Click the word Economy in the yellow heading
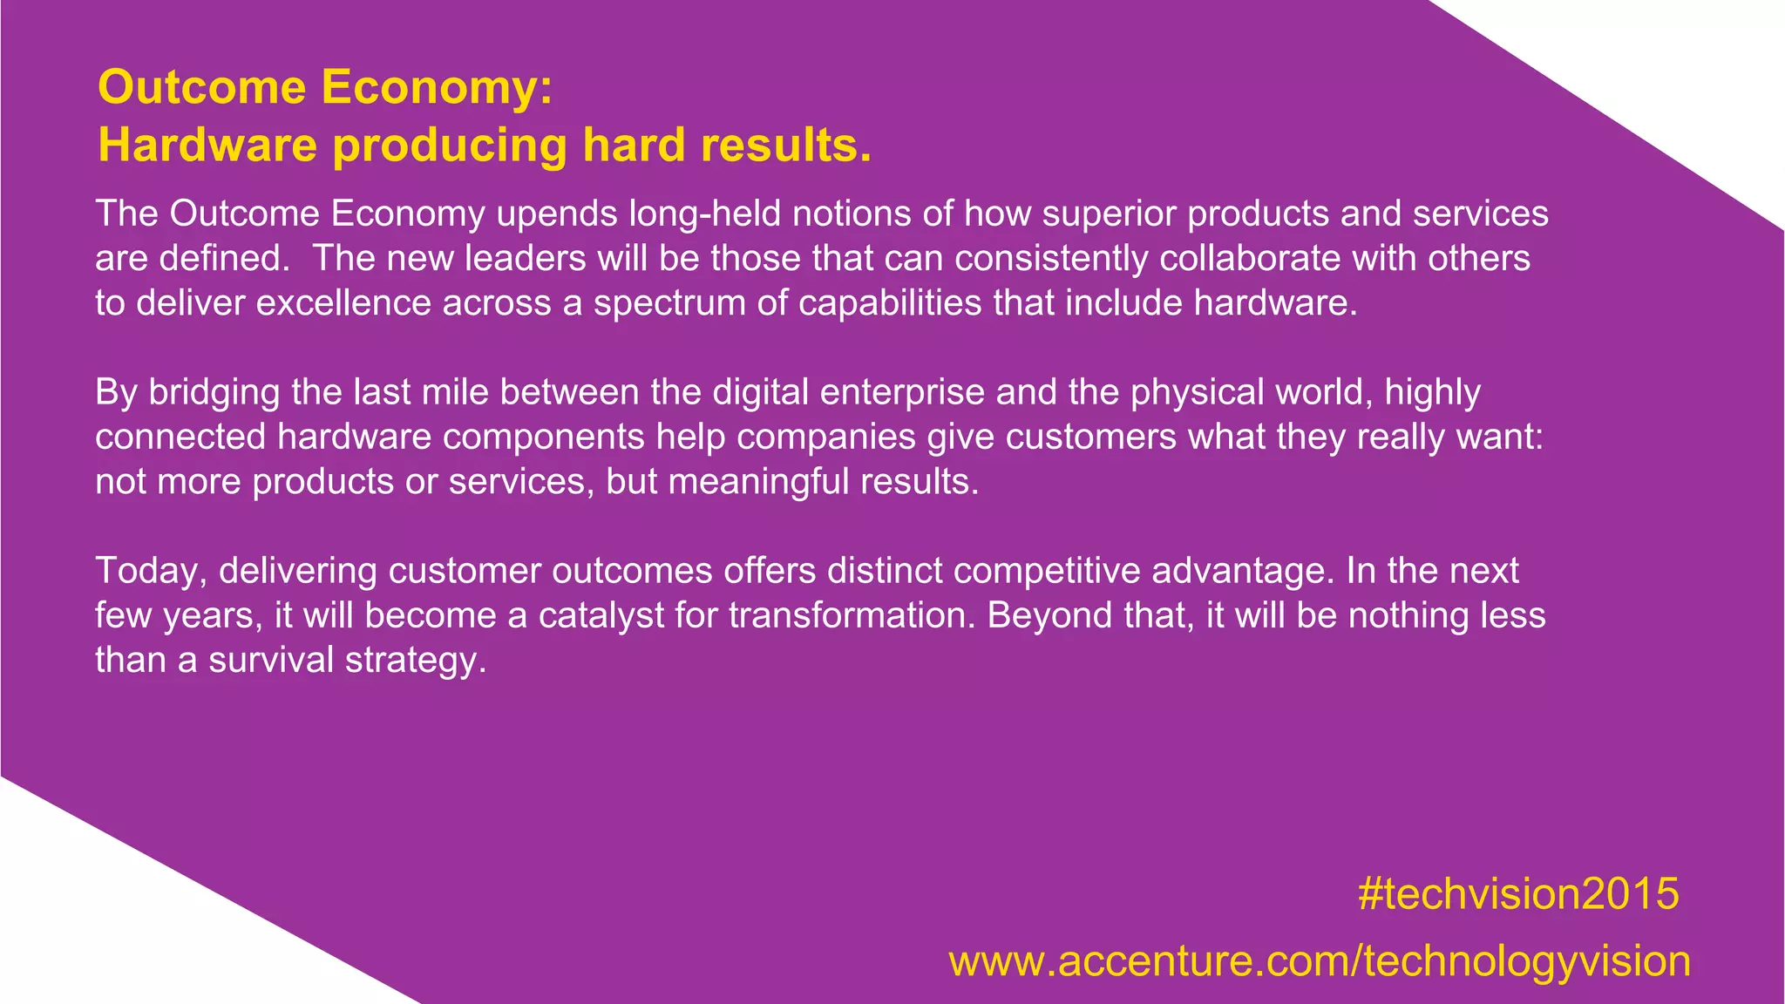click(435, 88)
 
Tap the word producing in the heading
click(450, 145)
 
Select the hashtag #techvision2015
click(1518, 894)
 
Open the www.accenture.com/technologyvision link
click(1320, 961)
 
